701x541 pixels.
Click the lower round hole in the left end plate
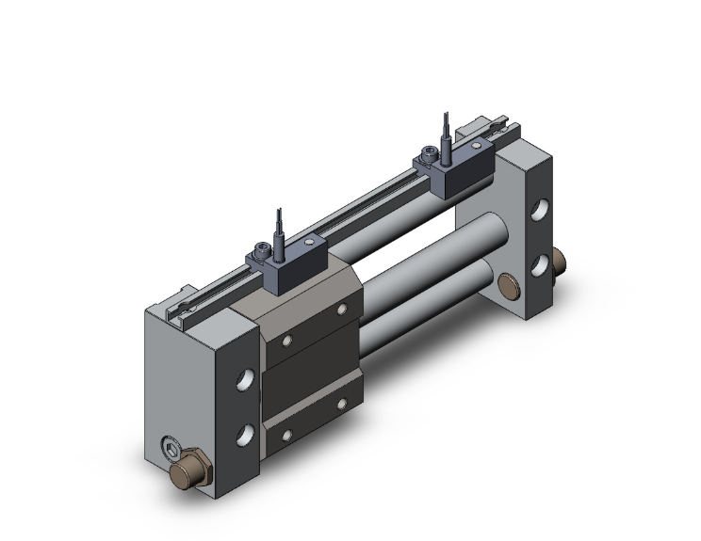tap(244, 434)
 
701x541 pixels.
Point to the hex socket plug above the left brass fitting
tap(171, 447)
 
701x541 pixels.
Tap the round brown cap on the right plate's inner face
tap(510, 284)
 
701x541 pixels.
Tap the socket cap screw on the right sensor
tap(432, 151)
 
